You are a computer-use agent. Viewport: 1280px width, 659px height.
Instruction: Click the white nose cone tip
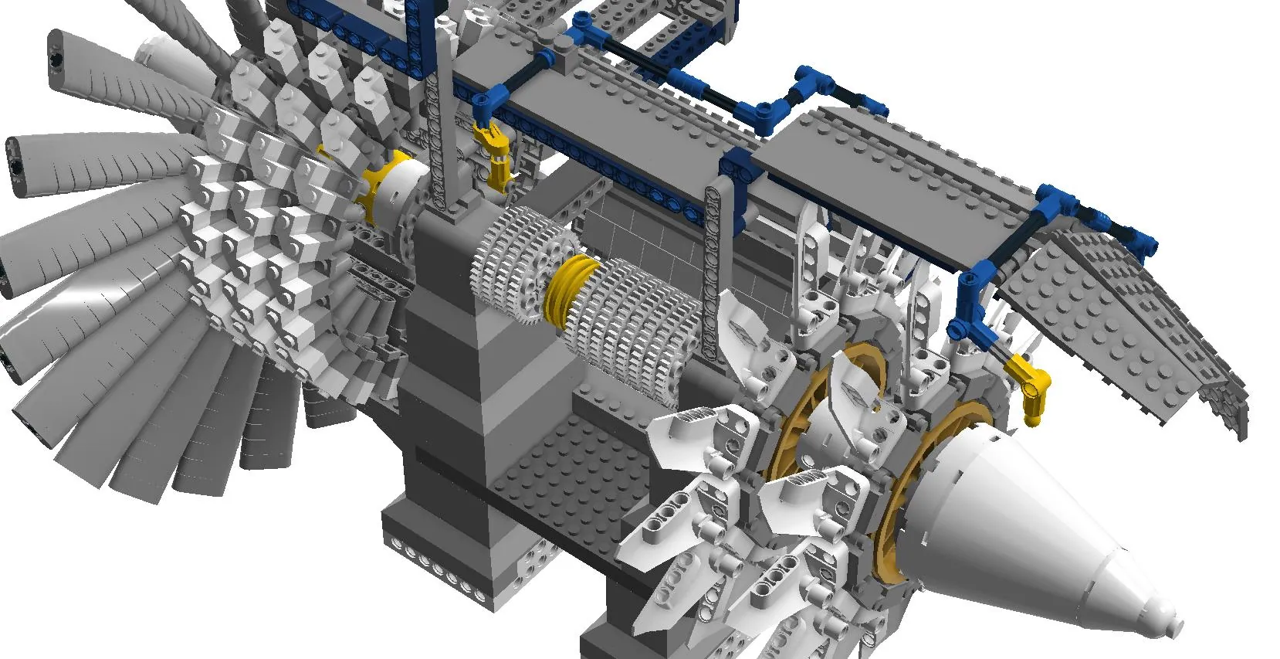click(1170, 618)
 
